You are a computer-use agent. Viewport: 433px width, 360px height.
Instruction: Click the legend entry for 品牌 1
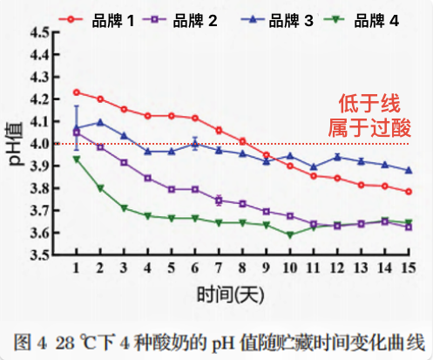pos(97,20)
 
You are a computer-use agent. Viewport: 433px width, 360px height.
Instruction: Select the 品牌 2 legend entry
pos(180,20)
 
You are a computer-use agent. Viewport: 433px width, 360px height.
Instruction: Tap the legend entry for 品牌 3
pos(277,20)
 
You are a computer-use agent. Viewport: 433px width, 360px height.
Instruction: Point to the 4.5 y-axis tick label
pos(40,32)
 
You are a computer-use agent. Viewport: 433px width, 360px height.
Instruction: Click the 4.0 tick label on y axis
pos(40,144)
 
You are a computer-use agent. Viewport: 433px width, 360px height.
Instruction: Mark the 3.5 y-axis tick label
pos(40,255)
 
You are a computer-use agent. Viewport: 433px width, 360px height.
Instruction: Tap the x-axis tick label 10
pos(290,268)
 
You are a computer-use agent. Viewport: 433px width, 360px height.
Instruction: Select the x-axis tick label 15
pos(409,268)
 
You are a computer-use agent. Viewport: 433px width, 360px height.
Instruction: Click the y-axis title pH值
pos(15,144)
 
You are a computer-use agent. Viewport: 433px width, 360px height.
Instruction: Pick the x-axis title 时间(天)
pos(231,295)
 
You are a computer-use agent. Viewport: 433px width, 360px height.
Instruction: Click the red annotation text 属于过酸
pos(369,127)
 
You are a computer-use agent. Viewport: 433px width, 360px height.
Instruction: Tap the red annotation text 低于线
pos(369,103)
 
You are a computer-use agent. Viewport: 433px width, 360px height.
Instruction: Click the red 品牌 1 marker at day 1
pos(77,92)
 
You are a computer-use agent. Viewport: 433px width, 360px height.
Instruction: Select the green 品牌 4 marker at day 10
pos(290,234)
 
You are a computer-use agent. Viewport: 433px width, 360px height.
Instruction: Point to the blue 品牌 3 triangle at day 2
pos(100,122)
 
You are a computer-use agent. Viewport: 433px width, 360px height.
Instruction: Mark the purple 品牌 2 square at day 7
pos(219,200)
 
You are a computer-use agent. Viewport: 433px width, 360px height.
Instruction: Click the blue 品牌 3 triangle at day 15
pos(409,170)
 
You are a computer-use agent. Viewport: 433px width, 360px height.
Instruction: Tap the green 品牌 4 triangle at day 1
pos(77,159)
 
